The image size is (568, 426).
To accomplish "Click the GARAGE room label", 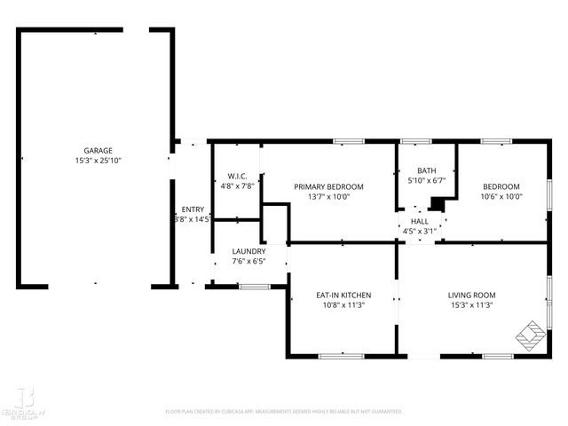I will (98, 151).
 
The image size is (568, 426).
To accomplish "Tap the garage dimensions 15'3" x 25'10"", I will (98, 161).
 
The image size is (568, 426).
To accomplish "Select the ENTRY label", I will (193, 209).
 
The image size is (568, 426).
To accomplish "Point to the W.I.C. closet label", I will (237, 176).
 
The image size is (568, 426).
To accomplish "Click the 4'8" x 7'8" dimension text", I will (237, 186).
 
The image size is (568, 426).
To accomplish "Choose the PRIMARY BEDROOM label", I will (328, 186).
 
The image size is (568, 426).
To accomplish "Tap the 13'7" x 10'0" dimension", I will (328, 197).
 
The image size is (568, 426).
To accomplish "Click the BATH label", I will (427, 170).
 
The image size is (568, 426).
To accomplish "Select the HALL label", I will (420, 221).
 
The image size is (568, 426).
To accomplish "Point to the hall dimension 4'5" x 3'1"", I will (420, 232).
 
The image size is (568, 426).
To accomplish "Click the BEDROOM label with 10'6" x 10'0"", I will (501, 186).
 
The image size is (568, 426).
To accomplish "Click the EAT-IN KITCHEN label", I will (343, 295).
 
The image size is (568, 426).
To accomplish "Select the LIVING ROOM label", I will (472, 295).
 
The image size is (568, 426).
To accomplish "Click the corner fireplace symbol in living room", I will (532, 335).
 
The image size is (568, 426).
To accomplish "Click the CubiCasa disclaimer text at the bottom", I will (284, 412).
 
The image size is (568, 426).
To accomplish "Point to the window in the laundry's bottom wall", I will (254, 286).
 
